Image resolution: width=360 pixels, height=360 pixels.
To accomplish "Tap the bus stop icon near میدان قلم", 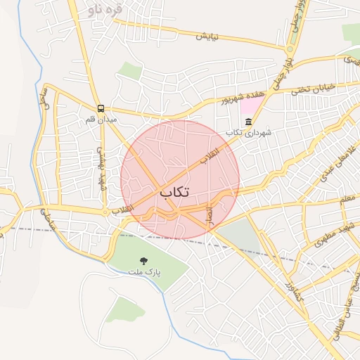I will tap(102, 108).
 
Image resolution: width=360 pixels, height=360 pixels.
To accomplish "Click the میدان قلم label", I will tap(101, 120).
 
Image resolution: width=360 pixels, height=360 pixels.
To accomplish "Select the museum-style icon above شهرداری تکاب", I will tap(248, 122).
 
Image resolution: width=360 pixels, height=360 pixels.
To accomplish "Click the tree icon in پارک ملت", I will tap(144, 260).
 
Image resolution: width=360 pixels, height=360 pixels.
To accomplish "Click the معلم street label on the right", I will tap(345, 200).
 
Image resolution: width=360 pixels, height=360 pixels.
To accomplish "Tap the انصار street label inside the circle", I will tap(208, 215).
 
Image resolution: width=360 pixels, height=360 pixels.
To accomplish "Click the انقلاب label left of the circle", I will tap(122, 210).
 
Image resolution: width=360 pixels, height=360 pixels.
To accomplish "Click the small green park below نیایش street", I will tap(129, 70).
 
